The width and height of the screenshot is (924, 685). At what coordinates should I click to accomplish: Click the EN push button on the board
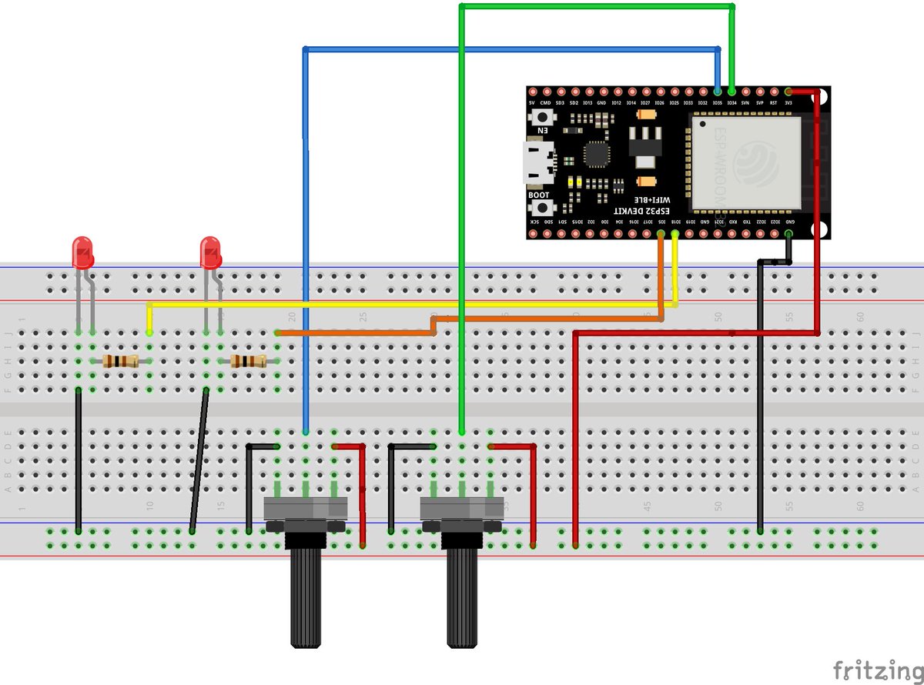[x=544, y=118]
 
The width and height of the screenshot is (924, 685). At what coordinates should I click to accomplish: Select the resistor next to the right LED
[x=249, y=361]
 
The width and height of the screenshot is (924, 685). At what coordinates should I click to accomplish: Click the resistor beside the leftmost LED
[x=121, y=361]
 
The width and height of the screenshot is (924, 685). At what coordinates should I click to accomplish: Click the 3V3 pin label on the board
[x=788, y=103]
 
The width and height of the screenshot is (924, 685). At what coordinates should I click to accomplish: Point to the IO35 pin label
[x=718, y=103]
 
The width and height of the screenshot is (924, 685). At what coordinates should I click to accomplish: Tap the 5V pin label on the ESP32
[x=531, y=103]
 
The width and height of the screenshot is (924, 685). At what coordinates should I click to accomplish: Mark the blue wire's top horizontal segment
[x=508, y=50]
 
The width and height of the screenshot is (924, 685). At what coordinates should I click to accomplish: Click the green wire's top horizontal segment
[x=597, y=7]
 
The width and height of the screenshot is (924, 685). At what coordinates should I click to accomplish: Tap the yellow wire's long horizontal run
[x=400, y=305]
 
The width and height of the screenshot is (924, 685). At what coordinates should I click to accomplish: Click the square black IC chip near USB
[x=595, y=154]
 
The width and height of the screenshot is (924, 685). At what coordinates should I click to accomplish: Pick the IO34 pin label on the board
[x=731, y=103]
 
